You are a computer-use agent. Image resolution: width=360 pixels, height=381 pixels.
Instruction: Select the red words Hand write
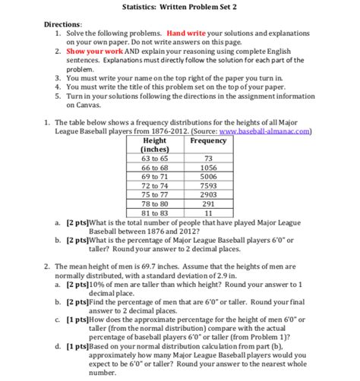(x=188, y=35)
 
